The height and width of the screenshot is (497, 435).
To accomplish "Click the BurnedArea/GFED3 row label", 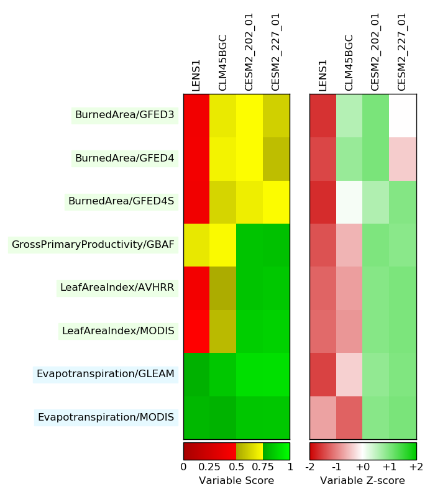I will click(x=124, y=115).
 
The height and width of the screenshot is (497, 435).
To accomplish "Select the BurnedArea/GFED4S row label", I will click(x=121, y=201).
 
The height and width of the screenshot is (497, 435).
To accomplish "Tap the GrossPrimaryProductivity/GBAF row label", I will click(x=93, y=245).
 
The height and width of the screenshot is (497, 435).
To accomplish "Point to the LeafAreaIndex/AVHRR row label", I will click(x=117, y=288).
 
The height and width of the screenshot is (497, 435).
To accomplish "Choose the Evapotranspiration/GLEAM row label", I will click(x=106, y=374).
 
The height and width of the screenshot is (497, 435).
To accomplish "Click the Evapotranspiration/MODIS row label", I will click(x=106, y=417).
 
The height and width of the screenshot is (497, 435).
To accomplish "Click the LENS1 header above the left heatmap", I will click(x=196, y=75).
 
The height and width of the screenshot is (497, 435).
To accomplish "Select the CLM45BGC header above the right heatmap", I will click(x=349, y=63).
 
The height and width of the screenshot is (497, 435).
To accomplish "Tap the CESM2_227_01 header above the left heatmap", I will click(x=275, y=52).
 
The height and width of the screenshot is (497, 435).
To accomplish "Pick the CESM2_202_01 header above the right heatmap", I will click(x=375, y=52).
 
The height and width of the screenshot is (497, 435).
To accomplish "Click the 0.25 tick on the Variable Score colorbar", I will click(x=209, y=467).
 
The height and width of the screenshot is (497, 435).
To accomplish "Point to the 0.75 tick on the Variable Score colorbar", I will click(x=263, y=467).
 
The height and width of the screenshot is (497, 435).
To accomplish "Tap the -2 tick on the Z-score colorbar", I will click(x=310, y=467).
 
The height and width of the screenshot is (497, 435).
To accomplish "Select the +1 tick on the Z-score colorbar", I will click(x=390, y=467).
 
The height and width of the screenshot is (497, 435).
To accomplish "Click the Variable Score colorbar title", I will click(x=236, y=481).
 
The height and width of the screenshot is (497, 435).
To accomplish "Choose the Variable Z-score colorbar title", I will click(x=362, y=481).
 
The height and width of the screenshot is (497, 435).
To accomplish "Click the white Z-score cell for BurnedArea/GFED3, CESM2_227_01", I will click(x=403, y=116).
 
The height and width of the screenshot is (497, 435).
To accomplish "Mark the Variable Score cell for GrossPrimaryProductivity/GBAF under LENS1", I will click(x=197, y=245).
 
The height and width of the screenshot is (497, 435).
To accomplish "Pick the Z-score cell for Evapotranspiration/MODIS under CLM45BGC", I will click(x=350, y=417).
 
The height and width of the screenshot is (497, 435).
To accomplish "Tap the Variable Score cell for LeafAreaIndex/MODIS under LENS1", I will click(x=197, y=331).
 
